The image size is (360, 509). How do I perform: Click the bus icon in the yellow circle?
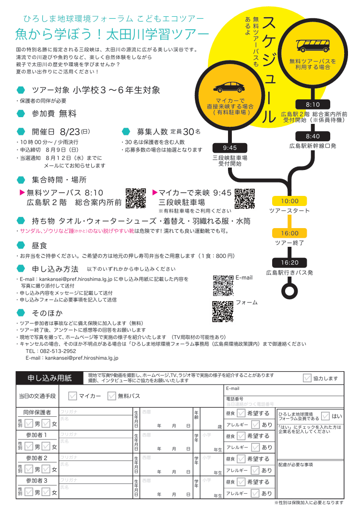312,46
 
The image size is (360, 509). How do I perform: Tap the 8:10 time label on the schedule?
312,105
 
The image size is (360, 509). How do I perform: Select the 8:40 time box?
312,136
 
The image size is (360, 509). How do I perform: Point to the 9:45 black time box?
230,148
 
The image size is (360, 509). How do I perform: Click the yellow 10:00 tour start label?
289,201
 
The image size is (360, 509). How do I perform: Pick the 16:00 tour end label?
289,233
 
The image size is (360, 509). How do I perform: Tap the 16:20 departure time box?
289,262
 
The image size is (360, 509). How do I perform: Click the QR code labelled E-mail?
223,286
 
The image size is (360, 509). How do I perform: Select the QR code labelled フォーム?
223,311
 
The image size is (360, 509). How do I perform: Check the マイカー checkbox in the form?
72,396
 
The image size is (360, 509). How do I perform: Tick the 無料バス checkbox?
112,396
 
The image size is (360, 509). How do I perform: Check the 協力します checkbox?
307,378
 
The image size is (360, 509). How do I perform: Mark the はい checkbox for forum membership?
325,416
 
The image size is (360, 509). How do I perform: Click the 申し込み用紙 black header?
49,378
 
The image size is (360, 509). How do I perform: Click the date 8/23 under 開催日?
70,132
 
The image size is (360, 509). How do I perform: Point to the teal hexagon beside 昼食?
21,245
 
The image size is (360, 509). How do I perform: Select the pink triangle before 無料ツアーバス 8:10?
23,193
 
